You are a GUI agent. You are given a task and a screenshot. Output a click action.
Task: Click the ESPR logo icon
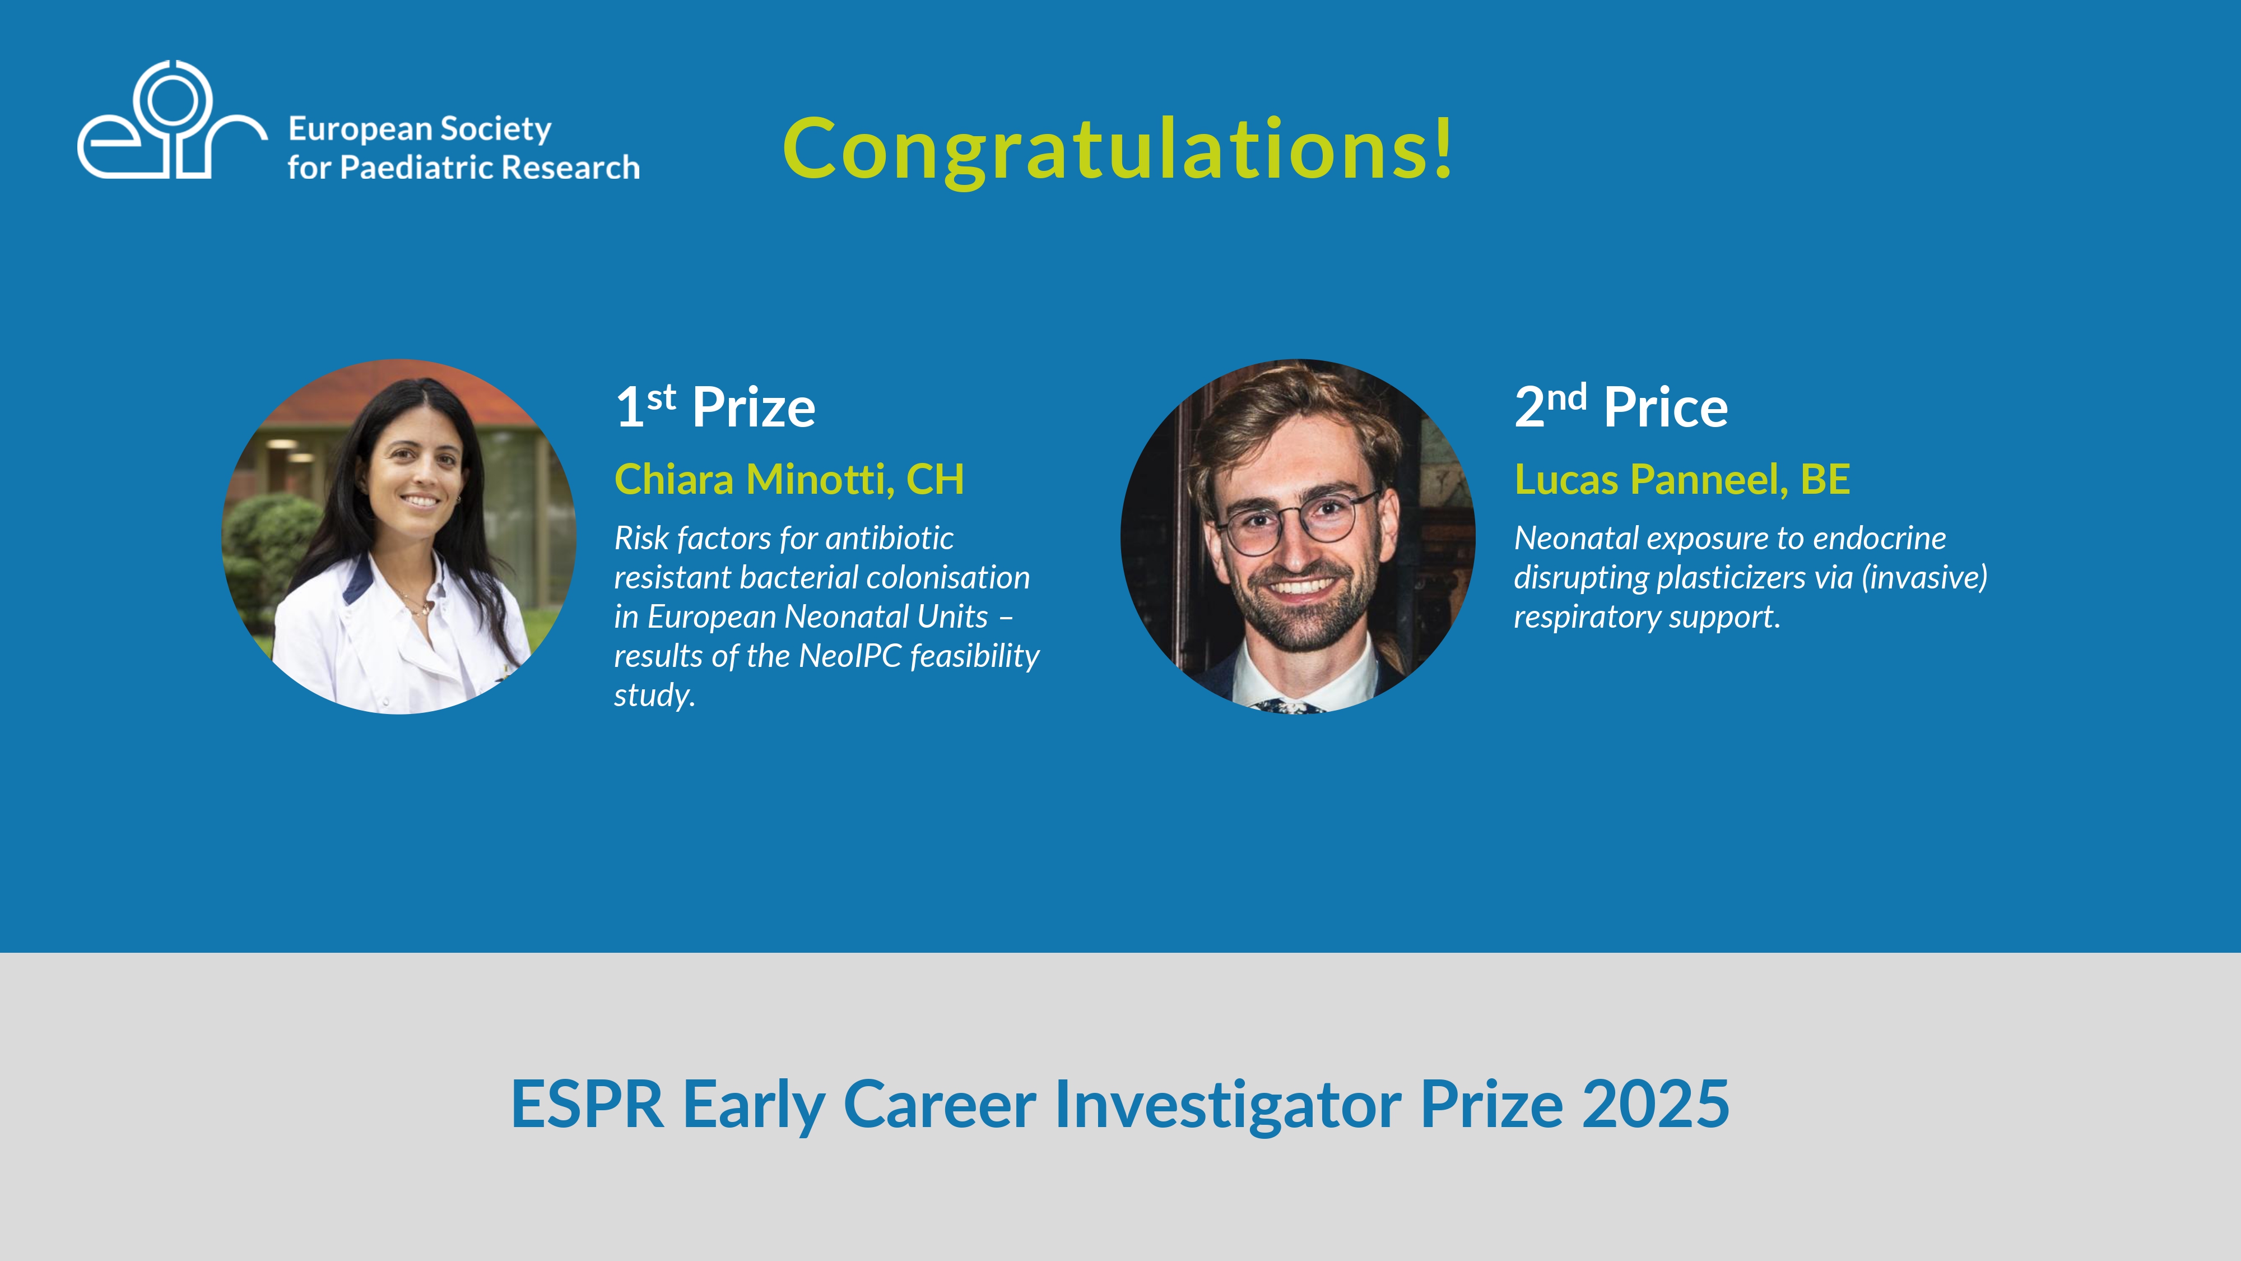click(171, 120)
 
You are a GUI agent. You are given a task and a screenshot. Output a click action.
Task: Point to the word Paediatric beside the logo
click(416, 166)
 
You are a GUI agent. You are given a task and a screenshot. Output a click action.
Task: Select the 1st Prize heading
click(715, 406)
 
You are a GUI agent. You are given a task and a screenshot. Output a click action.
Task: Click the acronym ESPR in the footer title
click(587, 1104)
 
